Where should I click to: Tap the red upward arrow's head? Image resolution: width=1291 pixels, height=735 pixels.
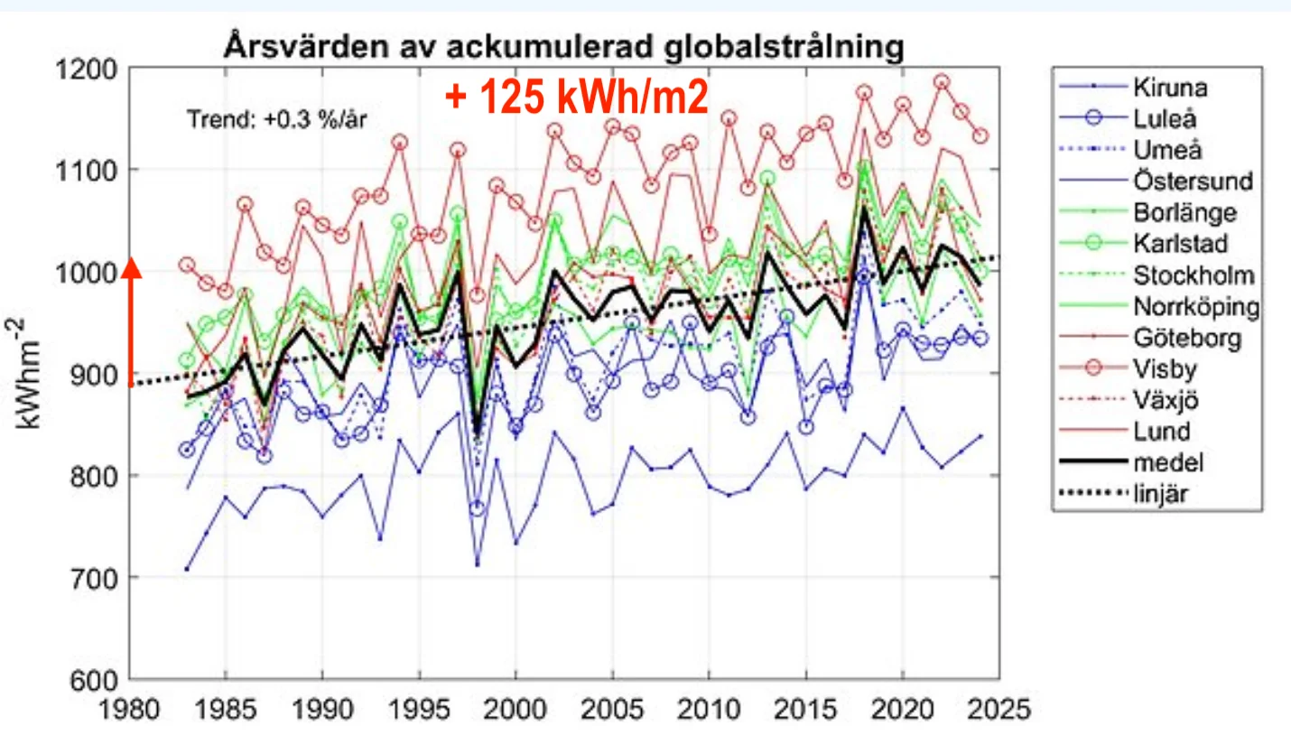[132, 267]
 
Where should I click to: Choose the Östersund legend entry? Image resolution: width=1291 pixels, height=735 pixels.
[1191, 181]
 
